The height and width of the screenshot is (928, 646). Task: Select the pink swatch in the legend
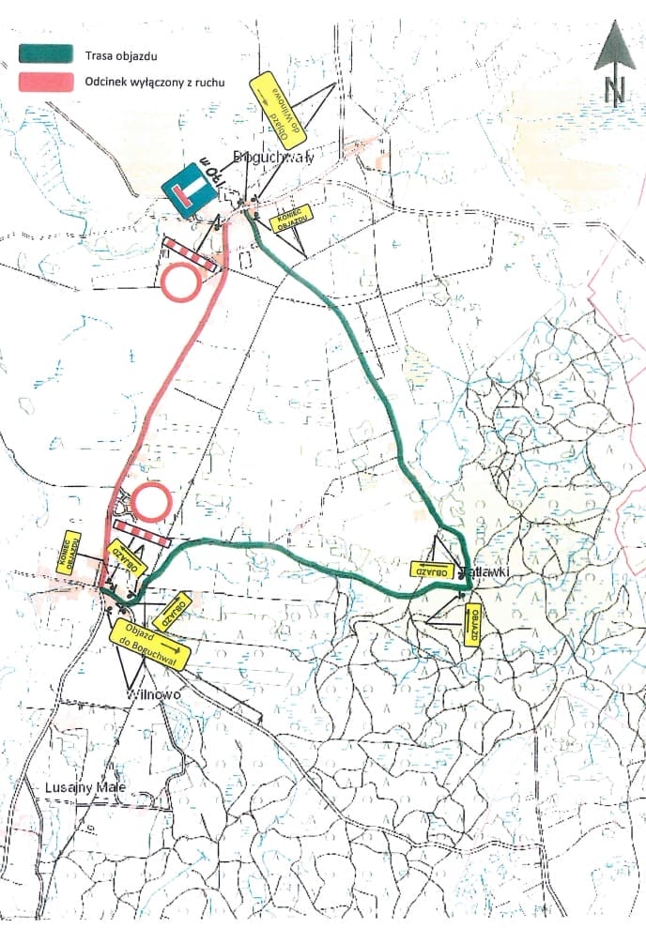tap(45, 83)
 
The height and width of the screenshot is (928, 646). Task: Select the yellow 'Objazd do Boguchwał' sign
tap(150, 643)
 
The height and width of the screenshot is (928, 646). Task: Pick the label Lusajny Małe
tap(85, 788)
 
